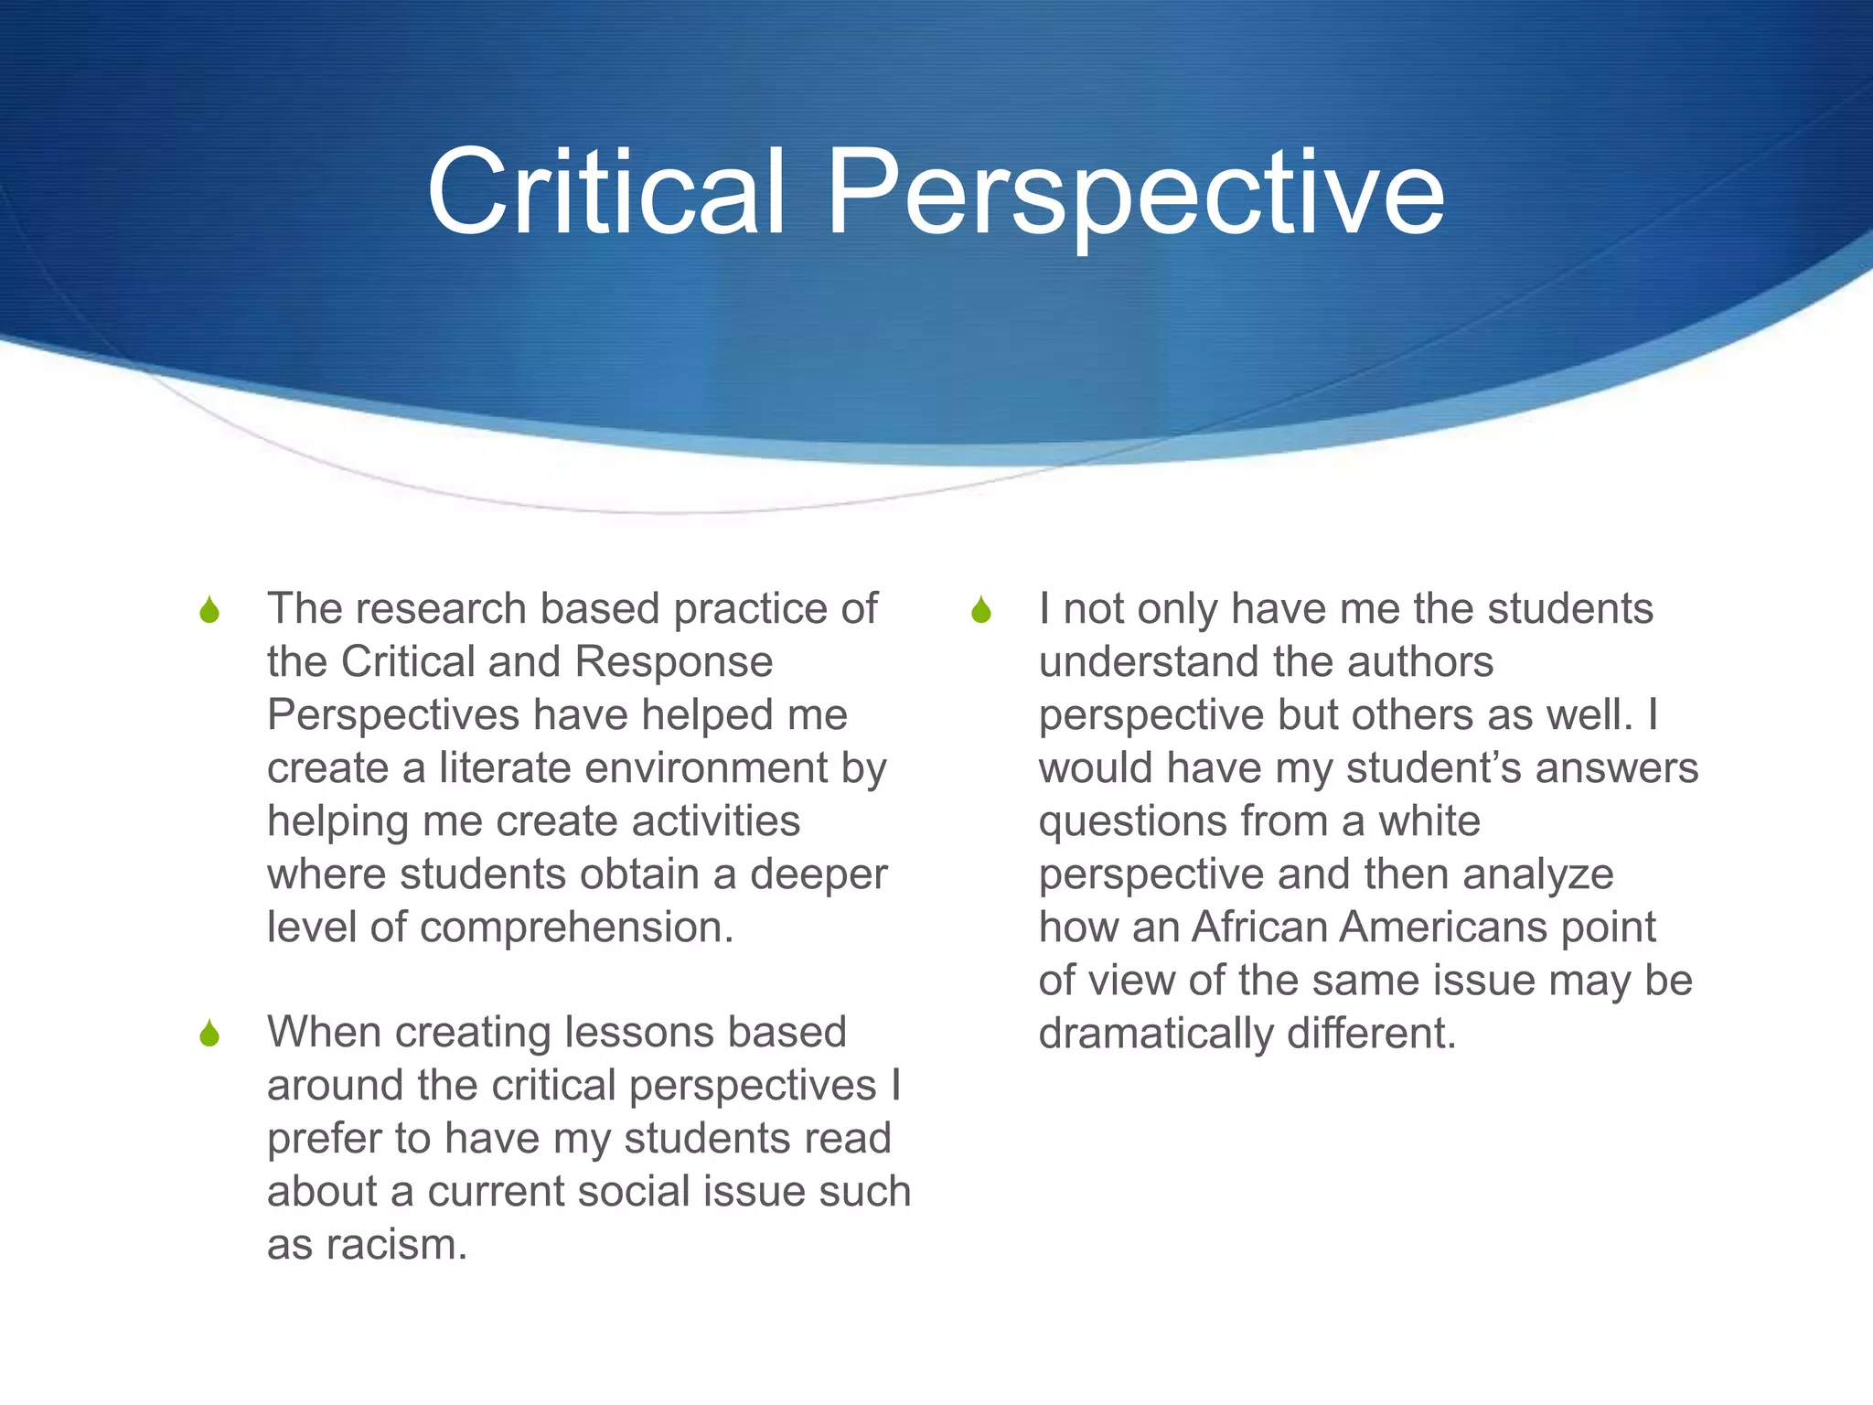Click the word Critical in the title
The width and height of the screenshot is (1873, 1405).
click(605, 192)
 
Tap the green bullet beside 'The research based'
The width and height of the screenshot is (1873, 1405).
click(209, 610)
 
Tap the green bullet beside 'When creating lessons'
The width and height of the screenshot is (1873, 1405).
click(209, 1034)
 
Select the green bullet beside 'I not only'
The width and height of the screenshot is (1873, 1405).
click(981, 610)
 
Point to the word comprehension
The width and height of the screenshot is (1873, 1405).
click(576, 928)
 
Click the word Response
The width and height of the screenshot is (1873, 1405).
click(674, 662)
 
